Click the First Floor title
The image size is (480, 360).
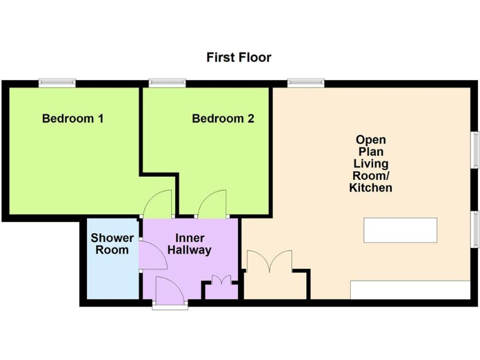pos(239,57)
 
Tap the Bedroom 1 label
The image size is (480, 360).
pos(72,118)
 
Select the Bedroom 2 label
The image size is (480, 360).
pos(222,118)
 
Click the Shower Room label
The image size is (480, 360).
pos(112,244)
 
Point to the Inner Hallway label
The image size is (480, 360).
pos(189,244)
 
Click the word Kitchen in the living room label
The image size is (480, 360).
pos(371,187)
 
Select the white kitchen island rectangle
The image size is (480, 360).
pos(400,230)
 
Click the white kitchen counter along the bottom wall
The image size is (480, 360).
pos(409,290)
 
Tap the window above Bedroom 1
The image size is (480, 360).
pos(57,82)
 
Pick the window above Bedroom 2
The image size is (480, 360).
pos(167,82)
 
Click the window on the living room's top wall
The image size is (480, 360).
pos(306,82)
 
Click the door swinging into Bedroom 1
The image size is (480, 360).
pos(156,203)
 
